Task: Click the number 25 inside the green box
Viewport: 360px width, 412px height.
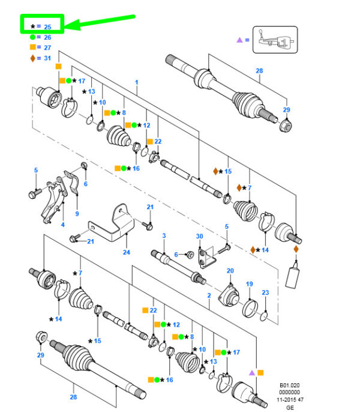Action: click(47, 27)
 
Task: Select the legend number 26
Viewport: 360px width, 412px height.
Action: click(47, 37)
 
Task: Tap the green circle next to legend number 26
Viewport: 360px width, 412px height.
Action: click(32, 37)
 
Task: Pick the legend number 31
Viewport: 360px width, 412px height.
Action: click(47, 58)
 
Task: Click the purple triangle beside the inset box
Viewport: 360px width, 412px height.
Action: click(239, 40)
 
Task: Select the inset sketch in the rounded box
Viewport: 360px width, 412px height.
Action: click(275, 40)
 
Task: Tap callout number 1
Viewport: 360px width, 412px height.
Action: click(137, 82)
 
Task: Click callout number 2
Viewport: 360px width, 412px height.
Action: click(209, 295)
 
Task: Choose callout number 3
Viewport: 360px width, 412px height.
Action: click(164, 235)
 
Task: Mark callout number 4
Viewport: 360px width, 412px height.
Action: click(63, 225)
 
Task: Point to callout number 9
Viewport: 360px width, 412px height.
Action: click(77, 214)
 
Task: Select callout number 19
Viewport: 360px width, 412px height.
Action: click(250, 283)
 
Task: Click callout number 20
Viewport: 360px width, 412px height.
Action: click(230, 271)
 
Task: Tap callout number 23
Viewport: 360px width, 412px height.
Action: click(265, 292)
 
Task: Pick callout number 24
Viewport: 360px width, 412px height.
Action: click(127, 252)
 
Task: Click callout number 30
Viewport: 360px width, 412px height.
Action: click(200, 236)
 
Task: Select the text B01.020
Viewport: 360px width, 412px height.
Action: click(289, 385)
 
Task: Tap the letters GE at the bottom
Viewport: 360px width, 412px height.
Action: click(290, 407)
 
